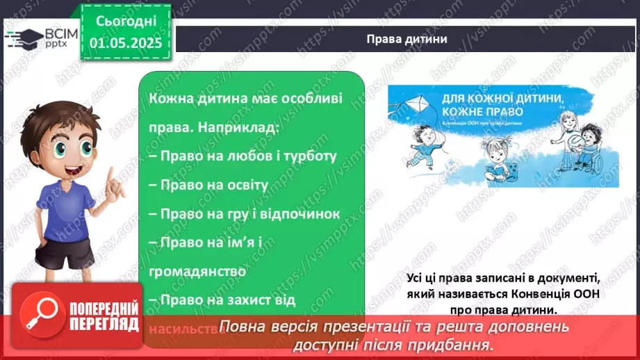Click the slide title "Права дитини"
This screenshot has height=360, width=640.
pos(407,39)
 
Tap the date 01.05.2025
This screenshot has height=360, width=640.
pos(126,43)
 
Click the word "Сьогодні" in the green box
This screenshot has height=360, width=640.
pos(126,21)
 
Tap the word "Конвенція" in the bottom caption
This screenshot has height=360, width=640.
pos(536,294)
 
